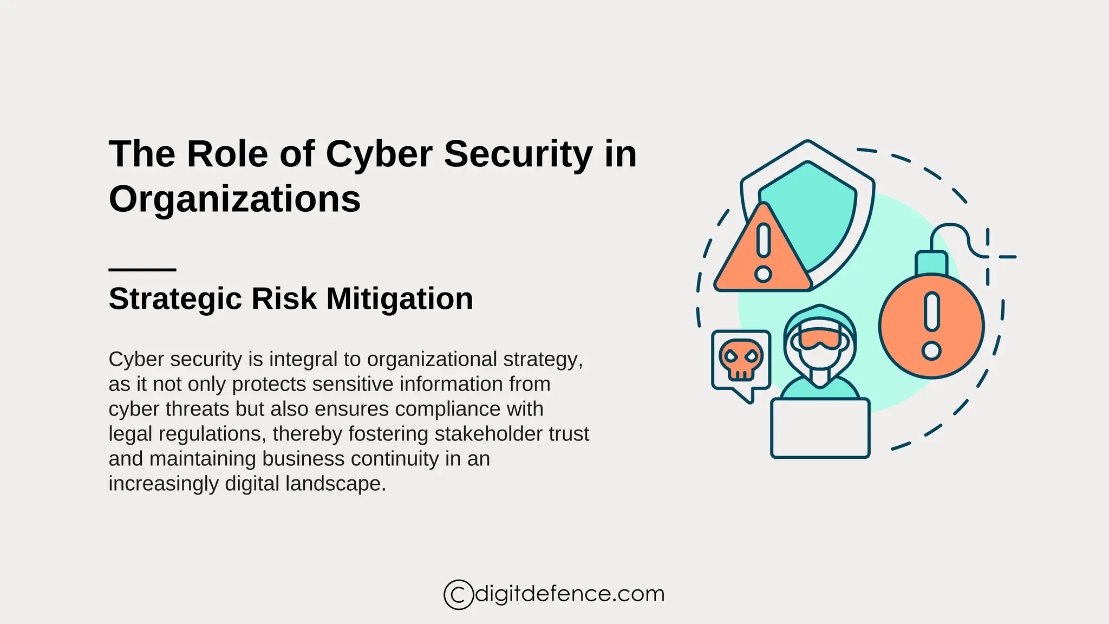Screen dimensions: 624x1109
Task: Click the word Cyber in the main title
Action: pyautogui.click(x=379, y=155)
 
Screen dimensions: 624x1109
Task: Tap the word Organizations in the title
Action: pyautogui.click(x=234, y=199)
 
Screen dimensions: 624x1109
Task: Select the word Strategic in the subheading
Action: pyautogui.click(x=174, y=299)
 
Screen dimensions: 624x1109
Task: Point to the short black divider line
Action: pyautogui.click(x=142, y=269)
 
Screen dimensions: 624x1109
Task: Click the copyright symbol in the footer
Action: pyautogui.click(x=459, y=595)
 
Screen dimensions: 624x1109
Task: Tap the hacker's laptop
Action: pyautogui.click(x=820, y=428)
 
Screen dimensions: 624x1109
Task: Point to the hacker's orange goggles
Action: pyautogui.click(x=820, y=339)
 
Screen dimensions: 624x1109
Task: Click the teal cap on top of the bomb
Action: pyautogui.click(x=931, y=263)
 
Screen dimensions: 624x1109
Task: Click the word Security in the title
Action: pyautogui.click(x=518, y=155)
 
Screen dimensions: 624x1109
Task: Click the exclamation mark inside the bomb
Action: pyautogui.click(x=931, y=325)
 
